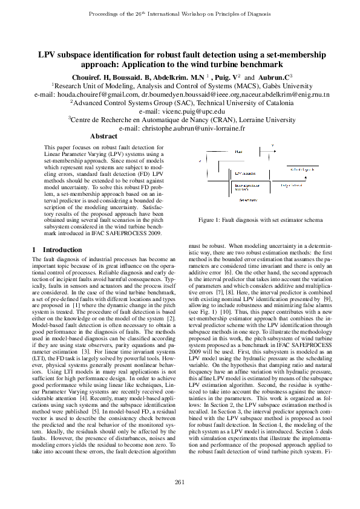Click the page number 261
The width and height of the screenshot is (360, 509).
click(180, 481)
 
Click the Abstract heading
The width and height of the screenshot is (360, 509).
click(103, 137)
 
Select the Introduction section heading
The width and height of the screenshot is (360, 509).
click(61, 249)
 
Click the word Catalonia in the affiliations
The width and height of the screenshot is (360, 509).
click(261, 103)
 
